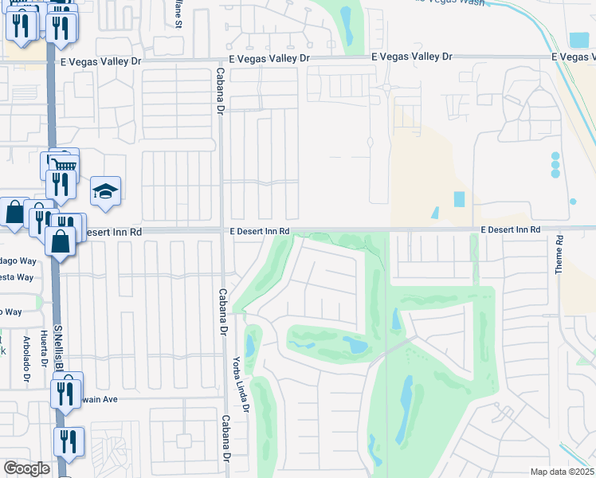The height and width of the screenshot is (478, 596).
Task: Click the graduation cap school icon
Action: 105,192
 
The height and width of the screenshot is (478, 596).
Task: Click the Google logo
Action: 26,468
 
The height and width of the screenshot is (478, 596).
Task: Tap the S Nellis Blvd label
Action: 57,346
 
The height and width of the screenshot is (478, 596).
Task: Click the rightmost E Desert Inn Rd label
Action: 510,229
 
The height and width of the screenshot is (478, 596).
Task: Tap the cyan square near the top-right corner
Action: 579,40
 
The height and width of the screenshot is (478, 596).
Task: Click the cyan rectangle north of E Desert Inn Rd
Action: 459,199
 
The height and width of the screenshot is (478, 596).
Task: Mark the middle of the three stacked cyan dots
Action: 555,165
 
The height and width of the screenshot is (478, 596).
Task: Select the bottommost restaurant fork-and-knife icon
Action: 69,441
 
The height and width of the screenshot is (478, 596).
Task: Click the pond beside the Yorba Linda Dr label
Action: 250,346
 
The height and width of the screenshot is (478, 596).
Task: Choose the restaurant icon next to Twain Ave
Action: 68,390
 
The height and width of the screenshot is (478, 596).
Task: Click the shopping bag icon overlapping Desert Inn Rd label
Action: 61,240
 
